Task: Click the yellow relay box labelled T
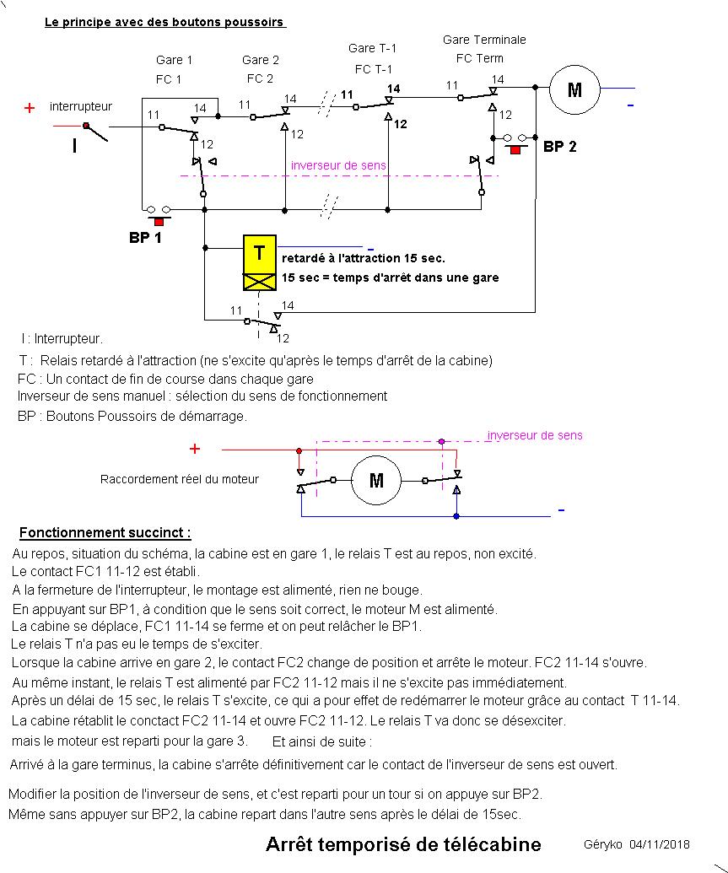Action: [260, 253]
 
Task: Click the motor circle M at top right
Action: [574, 89]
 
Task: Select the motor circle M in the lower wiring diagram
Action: [376, 481]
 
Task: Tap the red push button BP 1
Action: [158, 220]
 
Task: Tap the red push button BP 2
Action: [515, 148]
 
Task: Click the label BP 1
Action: [145, 238]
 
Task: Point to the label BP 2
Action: [559, 147]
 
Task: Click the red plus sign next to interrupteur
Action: [30, 108]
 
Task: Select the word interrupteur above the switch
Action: [81, 106]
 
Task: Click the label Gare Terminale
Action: [484, 40]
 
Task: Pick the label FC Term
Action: [479, 58]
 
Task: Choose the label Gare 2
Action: [261, 60]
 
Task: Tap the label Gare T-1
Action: [372, 48]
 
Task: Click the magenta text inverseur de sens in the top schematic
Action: [339, 165]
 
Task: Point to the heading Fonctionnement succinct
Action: [105, 532]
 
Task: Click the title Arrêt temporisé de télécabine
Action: [403, 844]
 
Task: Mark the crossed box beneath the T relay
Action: [260, 282]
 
